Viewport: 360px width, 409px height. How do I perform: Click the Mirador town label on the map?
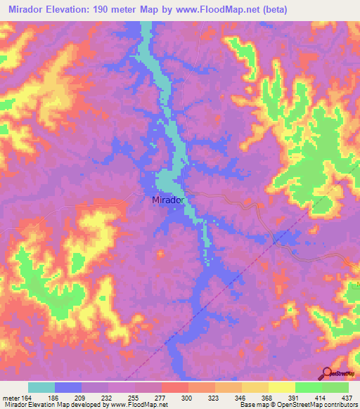pyautogui.click(x=168, y=200)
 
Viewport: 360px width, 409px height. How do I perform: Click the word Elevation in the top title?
pyautogui.click(x=67, y=11)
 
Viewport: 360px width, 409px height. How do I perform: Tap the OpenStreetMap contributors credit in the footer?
pyautogui.click(x=317, y=405)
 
